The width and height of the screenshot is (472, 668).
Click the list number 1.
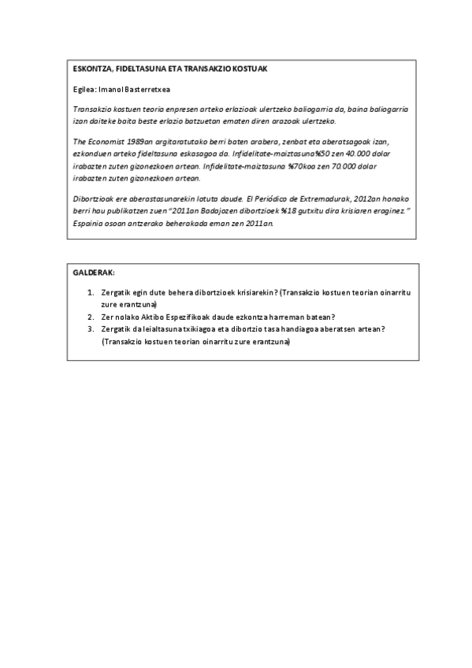click(x=91, y=292)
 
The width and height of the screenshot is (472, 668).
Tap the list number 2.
click(x=91, y=316)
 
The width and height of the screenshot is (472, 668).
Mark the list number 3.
click(x=91, y=329)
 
